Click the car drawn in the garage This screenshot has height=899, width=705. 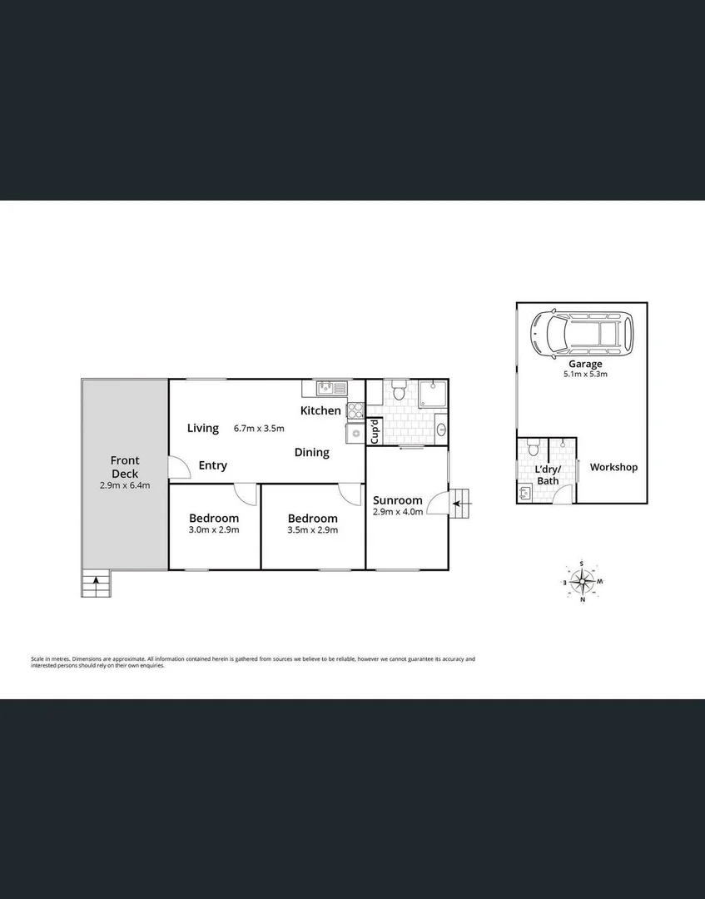coord(581,334)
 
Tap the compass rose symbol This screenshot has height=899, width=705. coord(582,581)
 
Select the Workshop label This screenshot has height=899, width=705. coord(613,467)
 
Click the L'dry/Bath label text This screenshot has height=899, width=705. coord(548,474)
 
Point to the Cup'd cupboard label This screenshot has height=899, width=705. coord(375,430)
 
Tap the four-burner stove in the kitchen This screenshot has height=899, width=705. coord(355,410)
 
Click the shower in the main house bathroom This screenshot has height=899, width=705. coord(433,395)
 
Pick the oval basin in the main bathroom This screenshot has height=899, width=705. coord(440,430)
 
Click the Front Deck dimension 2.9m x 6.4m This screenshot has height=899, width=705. coord(124,485)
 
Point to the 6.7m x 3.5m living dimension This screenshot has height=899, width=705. coord(259,429)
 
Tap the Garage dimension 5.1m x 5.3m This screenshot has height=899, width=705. coord(585,375)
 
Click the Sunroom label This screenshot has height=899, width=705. coord(397,500)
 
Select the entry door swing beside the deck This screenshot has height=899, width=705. coord(177,469)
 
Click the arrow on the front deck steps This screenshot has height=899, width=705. coord(97,581)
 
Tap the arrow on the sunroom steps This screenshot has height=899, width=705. coord(456,501)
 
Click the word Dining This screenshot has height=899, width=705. coord(311,453)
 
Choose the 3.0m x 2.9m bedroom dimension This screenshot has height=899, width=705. coord(214,530)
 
